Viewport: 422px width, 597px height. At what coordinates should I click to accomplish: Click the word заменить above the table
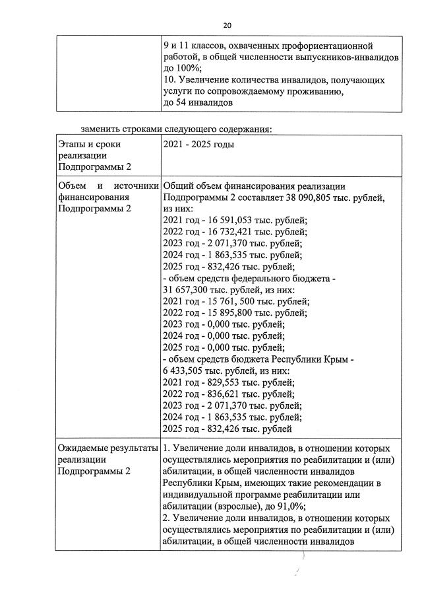[100, 128]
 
